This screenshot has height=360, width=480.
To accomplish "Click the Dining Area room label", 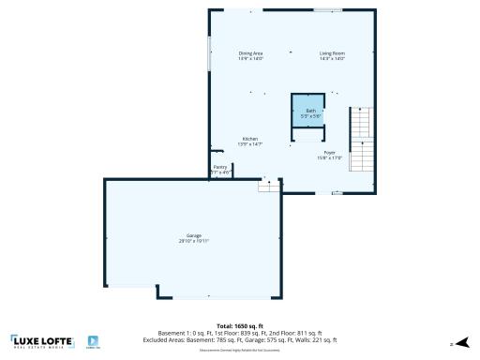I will pos(251,53).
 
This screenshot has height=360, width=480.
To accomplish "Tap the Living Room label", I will pos(333,53).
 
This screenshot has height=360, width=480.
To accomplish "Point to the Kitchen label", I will pos(250,139).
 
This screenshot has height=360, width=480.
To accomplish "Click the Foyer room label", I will pos(330,152).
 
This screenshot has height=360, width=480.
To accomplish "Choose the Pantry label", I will pos(219,167).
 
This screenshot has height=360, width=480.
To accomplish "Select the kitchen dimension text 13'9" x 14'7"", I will pos(250,144).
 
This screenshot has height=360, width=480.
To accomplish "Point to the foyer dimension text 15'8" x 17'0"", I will pos(330,157).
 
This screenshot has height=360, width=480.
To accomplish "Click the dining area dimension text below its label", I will pos(251,59).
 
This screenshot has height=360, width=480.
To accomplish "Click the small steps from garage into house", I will pos(270,186).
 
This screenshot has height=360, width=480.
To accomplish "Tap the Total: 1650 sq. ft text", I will pos(239,325).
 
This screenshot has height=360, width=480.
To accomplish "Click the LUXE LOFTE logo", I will pos(42,341).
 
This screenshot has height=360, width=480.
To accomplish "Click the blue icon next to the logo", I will pos(94,341).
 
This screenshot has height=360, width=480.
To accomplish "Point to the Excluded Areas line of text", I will pos(239,340).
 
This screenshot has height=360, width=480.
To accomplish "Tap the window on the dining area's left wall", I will pos(208,52).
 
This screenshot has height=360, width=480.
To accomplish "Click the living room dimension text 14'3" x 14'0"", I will pos(333,59).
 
